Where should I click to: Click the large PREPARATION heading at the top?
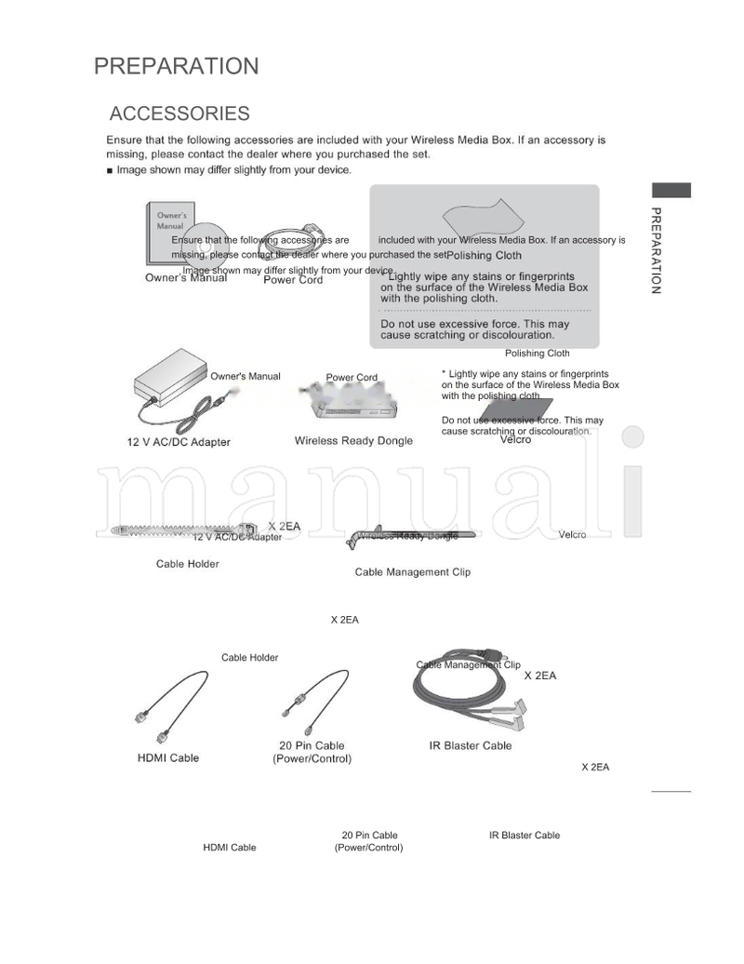coord(176,67)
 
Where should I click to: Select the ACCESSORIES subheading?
coord(179,114)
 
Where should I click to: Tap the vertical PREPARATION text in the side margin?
coord(656,250)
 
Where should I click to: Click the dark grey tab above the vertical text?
coord(671,190)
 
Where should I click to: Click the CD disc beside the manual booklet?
coord(206,245)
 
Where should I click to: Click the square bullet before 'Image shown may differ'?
coord(111,171)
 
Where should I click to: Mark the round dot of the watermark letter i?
coord(633,438)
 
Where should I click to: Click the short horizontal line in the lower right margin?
coord(671,792)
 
